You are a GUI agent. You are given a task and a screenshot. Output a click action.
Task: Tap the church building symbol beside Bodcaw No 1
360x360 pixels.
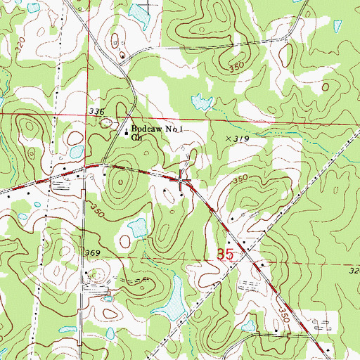tap(127, 131)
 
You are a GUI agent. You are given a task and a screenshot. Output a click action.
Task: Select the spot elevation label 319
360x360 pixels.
tap(240, 140)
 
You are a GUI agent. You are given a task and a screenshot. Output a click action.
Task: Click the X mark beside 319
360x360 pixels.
tap(227, 140)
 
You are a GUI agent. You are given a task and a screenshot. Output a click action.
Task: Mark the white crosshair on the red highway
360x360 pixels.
tap(183, 181)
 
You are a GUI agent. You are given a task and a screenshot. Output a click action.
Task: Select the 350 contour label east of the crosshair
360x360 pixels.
tap(240, 181)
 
